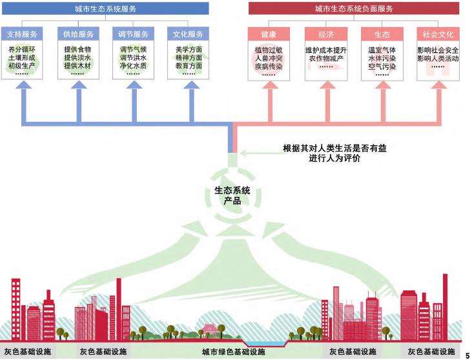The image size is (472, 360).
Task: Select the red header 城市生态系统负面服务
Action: point(354,9)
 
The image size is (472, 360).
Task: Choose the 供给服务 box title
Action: point(78,34)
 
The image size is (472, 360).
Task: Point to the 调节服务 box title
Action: point(134,34)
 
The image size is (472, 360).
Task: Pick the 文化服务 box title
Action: point(189,34)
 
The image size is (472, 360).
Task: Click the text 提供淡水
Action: point(78,57)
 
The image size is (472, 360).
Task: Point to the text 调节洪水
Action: point(134,57)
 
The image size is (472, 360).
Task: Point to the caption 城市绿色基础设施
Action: point(233,352)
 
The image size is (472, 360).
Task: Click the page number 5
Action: point(467,354)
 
